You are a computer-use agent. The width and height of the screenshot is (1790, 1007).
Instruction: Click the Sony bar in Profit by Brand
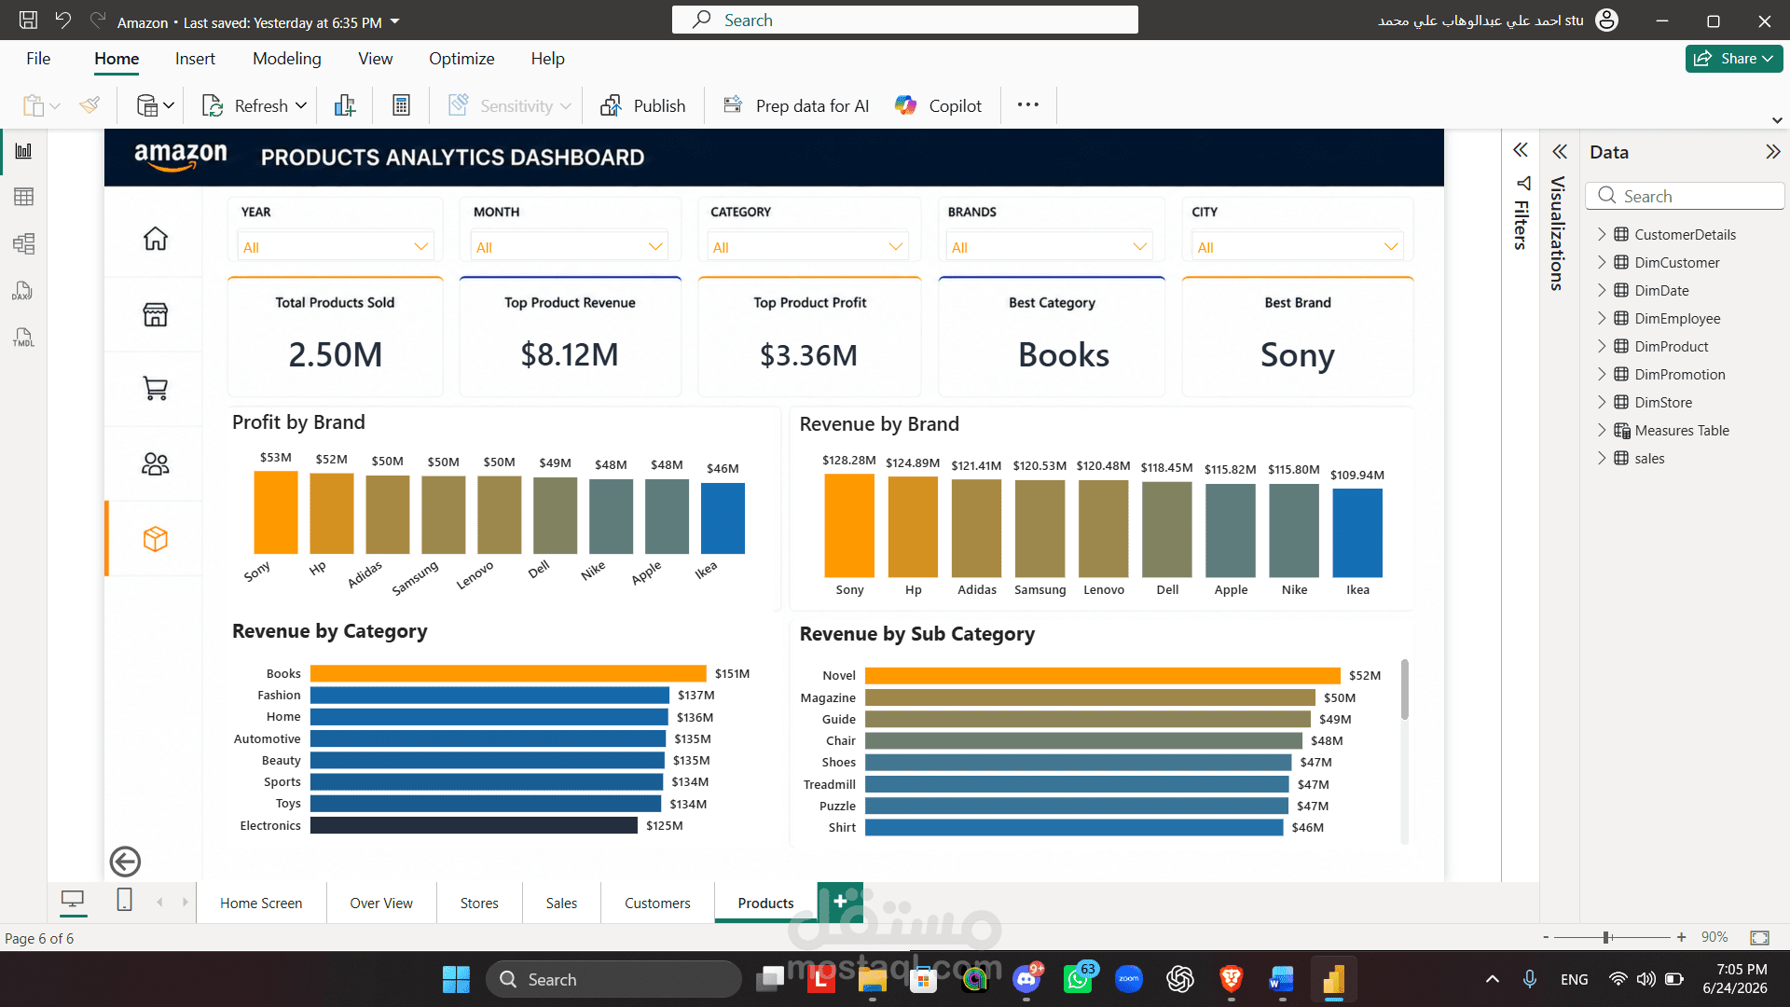click(x=276, y=512)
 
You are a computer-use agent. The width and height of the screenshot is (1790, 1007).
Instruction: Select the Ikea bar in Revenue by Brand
click(x=1357, y=532)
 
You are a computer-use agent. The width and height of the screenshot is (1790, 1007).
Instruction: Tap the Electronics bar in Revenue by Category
click(x=474, y=825)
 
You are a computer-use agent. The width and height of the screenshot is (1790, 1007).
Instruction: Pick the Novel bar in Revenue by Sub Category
click(x=1102, y=675)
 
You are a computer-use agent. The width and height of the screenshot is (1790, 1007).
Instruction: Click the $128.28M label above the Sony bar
click(x=848, y=461)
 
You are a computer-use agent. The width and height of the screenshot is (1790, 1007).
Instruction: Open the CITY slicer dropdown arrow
click(x=1391, y=247)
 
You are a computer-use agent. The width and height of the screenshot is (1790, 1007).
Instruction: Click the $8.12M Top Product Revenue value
click(x=570, y=355)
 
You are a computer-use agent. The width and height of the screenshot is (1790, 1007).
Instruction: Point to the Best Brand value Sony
click(x=1298, y=355)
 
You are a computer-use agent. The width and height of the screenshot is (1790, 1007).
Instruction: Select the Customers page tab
click(x=657, y=903)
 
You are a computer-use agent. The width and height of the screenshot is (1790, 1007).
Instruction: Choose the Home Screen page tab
click(x=261, y=903)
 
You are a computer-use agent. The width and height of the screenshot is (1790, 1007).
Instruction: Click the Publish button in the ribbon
click(x=643, y=105)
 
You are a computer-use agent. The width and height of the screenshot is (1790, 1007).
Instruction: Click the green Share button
click(x=1733, y=58)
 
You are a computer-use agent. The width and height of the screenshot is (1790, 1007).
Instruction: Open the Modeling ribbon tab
click(x=287, y=59)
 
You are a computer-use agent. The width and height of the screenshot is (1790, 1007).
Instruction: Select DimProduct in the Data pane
click(x=1671, y=346)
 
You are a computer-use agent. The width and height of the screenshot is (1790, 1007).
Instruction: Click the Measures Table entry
click(x=1681, y=430)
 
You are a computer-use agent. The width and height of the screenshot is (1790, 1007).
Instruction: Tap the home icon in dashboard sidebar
click(x=156, y=239)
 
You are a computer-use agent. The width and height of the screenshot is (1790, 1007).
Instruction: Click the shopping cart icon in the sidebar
click(x=156, y=389)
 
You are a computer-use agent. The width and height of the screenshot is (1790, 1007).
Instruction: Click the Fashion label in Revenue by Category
click(x=279, y=695)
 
